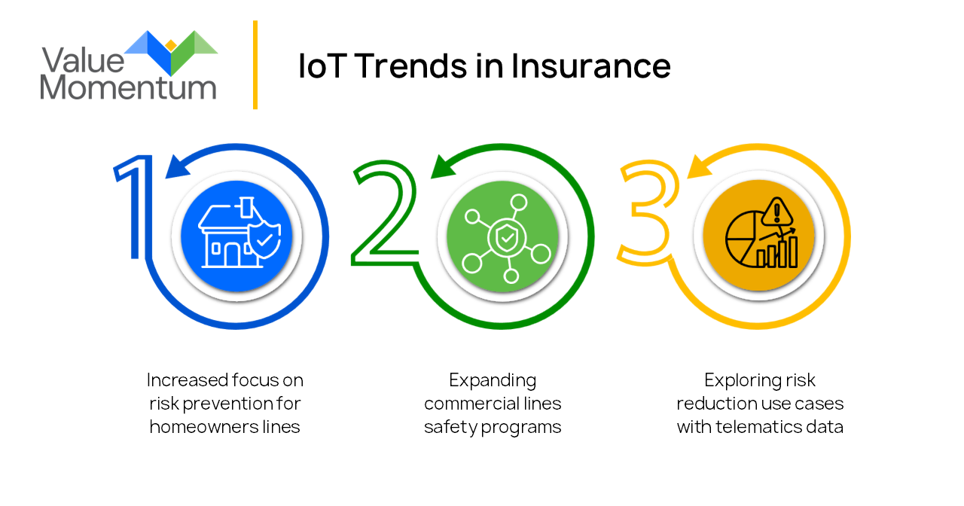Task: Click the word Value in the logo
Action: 83,61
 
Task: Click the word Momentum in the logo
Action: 128,87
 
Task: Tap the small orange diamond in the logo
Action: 171,45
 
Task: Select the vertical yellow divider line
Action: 255,65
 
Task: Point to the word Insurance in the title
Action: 591,66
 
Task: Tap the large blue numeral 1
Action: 133,207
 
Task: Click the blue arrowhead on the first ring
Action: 177,167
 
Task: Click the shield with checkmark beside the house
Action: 264,240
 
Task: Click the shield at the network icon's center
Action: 507,237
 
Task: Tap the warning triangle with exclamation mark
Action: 776,212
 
